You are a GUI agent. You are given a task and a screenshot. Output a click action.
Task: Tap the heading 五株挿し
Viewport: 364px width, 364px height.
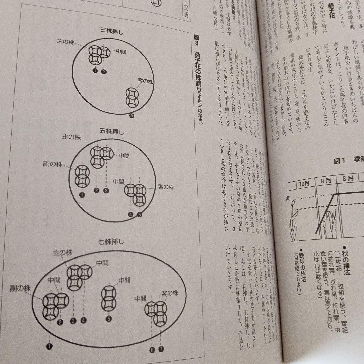(112, 131)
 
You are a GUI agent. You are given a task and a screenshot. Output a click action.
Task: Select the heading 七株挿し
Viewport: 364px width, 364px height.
(111, 241)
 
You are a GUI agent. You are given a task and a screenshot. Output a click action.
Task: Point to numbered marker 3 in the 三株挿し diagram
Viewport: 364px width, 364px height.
(131, 116)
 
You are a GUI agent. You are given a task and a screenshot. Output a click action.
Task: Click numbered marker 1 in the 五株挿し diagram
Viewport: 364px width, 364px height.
(81, 194)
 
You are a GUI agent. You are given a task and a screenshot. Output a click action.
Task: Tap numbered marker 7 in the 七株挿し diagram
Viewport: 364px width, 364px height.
(161, 349)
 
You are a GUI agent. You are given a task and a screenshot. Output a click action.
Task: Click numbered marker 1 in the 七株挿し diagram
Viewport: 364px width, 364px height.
(50, 346)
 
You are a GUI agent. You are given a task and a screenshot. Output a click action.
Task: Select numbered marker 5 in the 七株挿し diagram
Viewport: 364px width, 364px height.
(109, 318)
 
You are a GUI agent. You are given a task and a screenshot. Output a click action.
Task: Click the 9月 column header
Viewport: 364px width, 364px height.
(326, 180)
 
